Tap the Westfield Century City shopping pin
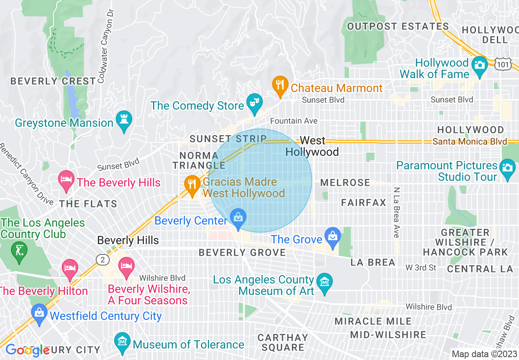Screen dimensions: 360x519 pyautogui.click(x=39, y=314)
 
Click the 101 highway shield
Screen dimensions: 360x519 pyautogui.click(x=503, y=65)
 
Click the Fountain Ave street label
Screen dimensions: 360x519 pyautogui.click(x=294, y=121)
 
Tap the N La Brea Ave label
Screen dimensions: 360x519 pyautogui.click(x=396, y=213)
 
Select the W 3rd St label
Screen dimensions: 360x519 pyautogui.click(x=421, y=268)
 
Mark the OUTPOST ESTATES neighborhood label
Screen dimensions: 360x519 pyautogui.click(x=398, y=27)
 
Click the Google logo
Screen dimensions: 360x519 pyautogui.click(x=27, y=350)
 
